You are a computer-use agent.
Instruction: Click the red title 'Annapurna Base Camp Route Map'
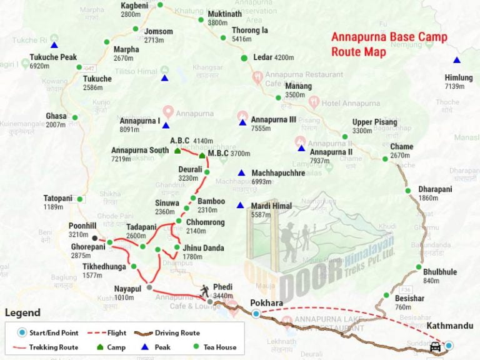click(x=389, y=44)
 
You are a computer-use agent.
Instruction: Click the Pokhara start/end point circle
click(x=256, y=314)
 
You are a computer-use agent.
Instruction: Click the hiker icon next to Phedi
click(x=206, y=290)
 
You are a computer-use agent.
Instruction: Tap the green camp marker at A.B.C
click(x=177, y=151)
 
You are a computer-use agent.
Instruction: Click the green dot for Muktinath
click(x=201, y=19)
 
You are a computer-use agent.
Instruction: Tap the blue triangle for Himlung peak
click(x=457, y=60)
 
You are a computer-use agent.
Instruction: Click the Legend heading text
click(x=22, y=313)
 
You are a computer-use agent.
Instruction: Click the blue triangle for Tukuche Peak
click(x=54, y=45)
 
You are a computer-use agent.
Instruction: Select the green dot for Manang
click(x=278, y=97)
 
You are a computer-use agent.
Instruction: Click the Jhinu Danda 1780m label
click(x=202, y=252)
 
